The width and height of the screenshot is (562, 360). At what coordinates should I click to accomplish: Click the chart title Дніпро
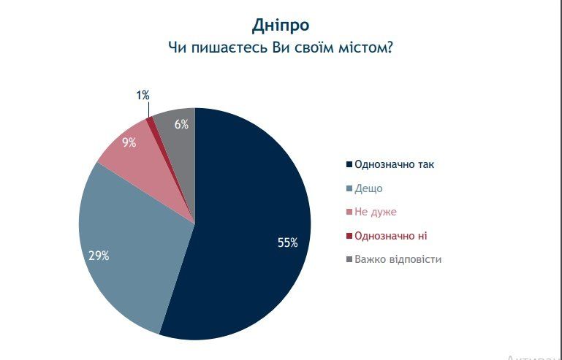(x=281, y=26)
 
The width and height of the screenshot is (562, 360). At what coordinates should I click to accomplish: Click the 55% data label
(x=287, y=243)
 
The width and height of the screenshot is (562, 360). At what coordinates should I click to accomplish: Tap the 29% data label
(x=99, y=256)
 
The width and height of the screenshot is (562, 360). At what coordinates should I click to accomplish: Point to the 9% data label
(x=129, y=143)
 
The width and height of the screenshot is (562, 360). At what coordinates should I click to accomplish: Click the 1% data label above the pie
(x=143, y=95)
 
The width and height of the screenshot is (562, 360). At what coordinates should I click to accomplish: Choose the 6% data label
(x=181, y=125)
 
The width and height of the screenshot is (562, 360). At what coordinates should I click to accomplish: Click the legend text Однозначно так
(x=394, y=165)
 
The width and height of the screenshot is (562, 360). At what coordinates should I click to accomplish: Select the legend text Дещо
(x=368, y=188)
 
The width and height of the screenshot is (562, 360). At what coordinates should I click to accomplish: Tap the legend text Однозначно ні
(x=391, y=236)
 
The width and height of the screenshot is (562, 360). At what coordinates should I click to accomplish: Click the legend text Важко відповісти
(x=398, y=259)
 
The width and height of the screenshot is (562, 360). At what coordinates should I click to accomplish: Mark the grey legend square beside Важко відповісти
(x=349, y=259)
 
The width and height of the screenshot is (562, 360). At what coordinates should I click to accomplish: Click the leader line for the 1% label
(x=148, y=109)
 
